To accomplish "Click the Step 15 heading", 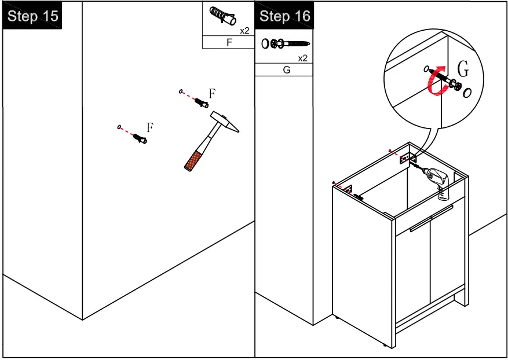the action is coord(32,16).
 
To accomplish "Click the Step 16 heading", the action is coord(285,16).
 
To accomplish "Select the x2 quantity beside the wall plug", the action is coord(244,31).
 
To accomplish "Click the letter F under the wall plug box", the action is coord(229,42).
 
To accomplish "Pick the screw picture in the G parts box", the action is coord(286,43).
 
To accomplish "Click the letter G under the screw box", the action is coord(286,70).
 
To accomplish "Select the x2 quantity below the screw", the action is coord(302,58).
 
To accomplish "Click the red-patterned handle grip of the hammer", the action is coord(193,160).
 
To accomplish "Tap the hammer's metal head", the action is coord(225,122).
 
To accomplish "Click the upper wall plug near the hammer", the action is coord(202,103).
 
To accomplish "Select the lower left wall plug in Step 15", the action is coord(140,138).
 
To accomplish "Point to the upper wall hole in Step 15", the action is coord(181,91).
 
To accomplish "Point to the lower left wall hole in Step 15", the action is coord(119,127).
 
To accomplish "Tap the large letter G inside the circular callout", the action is coord(463,69).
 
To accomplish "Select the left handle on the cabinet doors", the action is coord(420,225).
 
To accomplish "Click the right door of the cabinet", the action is coord(447,252).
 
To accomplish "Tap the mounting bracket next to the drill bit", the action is coord(408,159).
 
